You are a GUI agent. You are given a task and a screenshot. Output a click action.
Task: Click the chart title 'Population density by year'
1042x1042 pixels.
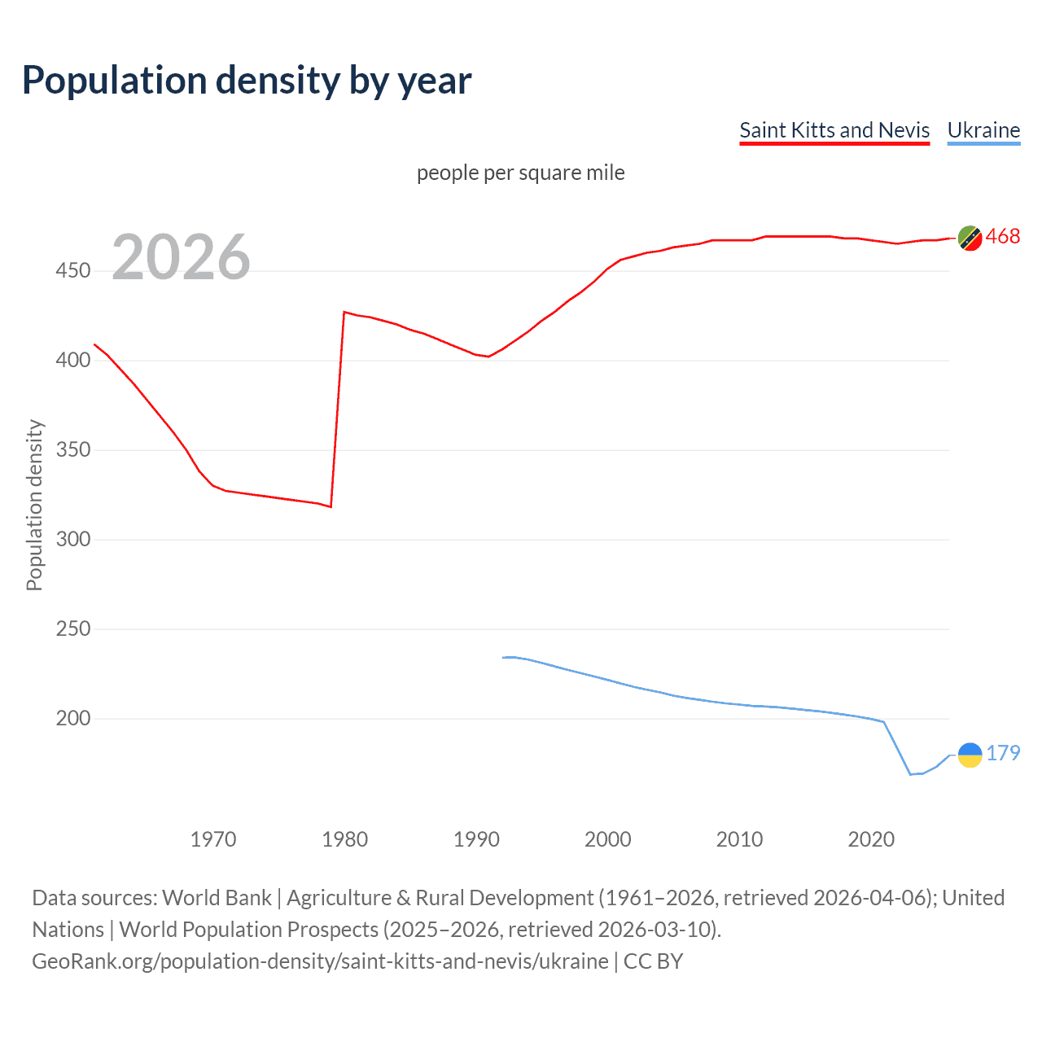coord(247,81)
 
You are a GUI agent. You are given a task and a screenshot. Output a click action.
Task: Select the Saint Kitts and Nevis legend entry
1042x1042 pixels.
coord(834,130)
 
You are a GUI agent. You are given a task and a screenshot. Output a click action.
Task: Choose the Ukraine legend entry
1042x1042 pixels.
coord(983,130)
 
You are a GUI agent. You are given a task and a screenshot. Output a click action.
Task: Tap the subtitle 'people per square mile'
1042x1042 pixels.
coord(520,173)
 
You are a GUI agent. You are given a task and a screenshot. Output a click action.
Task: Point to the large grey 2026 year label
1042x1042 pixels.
coord(181,257)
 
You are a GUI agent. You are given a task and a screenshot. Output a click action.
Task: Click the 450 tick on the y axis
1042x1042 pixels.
coord(73,270)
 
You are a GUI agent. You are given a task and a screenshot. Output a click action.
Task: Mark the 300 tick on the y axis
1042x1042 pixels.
coord(73,539)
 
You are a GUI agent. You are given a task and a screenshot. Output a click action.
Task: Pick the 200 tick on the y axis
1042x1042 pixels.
coord(73,718)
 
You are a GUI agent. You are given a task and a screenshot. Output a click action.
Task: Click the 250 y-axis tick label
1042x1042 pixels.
coord(73,628)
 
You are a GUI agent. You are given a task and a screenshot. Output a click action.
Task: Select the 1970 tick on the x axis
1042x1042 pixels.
coord(213,839)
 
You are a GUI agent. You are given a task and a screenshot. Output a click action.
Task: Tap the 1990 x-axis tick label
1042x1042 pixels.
coord(476,839)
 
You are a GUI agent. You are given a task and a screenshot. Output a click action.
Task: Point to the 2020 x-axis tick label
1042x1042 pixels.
coord(871,839)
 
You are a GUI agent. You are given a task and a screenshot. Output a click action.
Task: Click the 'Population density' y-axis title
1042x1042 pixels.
coord(34,505)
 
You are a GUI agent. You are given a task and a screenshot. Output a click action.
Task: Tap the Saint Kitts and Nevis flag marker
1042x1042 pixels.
coord(970,238)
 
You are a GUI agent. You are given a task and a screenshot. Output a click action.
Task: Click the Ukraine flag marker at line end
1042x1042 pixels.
coord(970,755)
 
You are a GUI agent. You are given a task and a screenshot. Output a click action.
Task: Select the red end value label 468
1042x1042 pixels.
coord(1003,237)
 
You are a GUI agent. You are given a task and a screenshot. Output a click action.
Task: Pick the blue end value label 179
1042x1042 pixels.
coord(1003,753)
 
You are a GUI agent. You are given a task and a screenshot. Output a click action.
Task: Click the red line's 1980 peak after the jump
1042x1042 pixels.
coord(344,312)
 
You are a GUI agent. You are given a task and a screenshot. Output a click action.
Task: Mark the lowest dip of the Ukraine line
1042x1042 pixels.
coord(911,774)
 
